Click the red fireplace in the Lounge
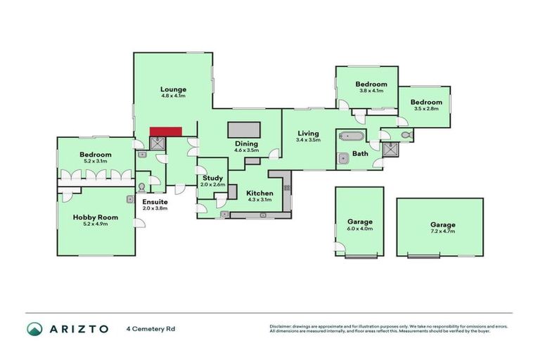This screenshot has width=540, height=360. coord(166,131)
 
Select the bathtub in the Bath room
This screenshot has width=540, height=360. coord(351,136)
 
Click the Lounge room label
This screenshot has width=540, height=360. coord(173,89)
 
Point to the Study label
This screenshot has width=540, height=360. coord(212,178)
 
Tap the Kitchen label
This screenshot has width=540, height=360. coord(259,193)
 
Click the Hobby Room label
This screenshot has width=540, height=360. coord(96,217)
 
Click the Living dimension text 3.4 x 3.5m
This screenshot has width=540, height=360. coord(308,140)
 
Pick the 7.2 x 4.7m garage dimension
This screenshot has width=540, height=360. coord(443,231)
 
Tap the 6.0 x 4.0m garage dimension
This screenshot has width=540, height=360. coord(360,229)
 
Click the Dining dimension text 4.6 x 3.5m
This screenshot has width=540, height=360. coord(247,150)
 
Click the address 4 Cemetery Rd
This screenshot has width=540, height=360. coord(150,328)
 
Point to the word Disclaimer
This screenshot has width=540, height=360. coord(281,326)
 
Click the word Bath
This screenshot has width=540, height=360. coord(360,153)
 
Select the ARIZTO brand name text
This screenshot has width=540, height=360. coord(78,328)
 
